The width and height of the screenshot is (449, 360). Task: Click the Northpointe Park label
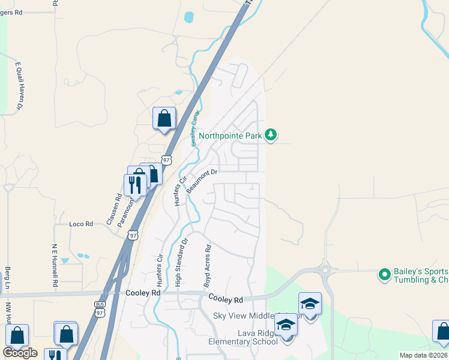231,136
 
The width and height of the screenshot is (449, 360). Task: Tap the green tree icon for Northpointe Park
271,135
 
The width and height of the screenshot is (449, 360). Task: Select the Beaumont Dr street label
200,181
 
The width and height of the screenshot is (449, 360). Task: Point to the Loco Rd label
81,224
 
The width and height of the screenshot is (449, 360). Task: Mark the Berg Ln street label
8,277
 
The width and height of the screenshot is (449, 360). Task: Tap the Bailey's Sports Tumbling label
421,275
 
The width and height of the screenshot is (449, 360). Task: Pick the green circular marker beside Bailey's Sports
384,275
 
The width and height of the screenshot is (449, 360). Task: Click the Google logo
20,353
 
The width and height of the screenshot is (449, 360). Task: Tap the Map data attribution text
424,355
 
